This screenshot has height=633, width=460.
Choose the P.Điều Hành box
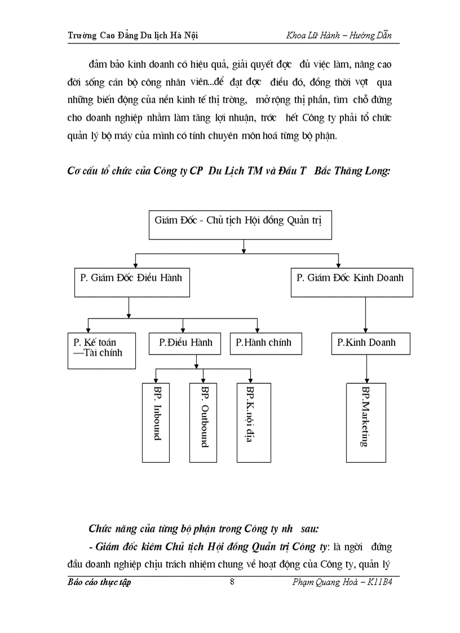point(185,343)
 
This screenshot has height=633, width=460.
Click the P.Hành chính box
point(265,343)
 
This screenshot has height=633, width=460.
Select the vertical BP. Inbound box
point(156,422)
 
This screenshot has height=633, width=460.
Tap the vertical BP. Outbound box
point(204,422)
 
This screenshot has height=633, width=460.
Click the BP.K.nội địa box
point(253,422)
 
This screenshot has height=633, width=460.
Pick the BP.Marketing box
point(366,422)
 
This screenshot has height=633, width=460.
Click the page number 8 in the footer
point(232,582)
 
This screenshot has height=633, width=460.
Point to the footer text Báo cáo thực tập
point(99,582)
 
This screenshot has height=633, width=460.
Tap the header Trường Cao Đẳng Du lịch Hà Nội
point(132,36)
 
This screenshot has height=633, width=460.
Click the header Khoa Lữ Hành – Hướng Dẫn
point(339,36)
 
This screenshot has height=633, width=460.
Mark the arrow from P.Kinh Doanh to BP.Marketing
point(366,369)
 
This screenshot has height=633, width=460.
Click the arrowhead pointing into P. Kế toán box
point(88,329)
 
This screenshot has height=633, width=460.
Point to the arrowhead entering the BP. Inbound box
point(156,380)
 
